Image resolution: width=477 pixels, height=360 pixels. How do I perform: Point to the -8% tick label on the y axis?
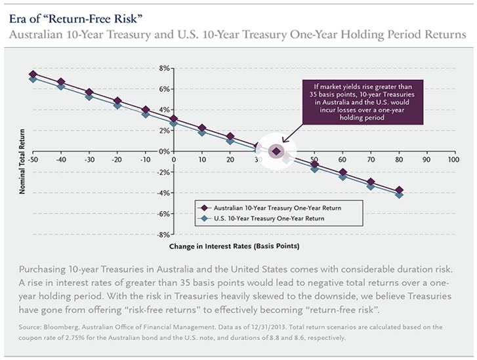pos(163,234)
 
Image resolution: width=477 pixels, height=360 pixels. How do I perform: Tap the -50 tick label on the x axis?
pos(33,159)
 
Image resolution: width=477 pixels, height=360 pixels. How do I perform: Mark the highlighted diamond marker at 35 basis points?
pos(276,151)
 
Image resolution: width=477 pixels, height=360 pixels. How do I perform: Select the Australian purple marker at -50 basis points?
pos(33,75)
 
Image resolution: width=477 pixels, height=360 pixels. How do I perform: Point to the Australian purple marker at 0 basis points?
pos(173,119)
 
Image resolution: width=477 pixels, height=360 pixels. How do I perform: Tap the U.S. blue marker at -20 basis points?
pos(117,104)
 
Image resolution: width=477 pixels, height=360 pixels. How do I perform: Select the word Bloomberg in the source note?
pos(60,326)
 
